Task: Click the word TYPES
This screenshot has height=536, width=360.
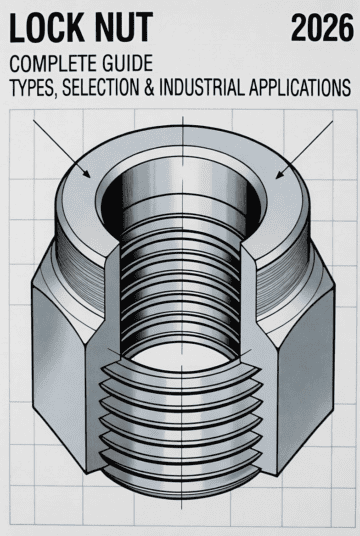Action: click(x=34, y=88)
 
